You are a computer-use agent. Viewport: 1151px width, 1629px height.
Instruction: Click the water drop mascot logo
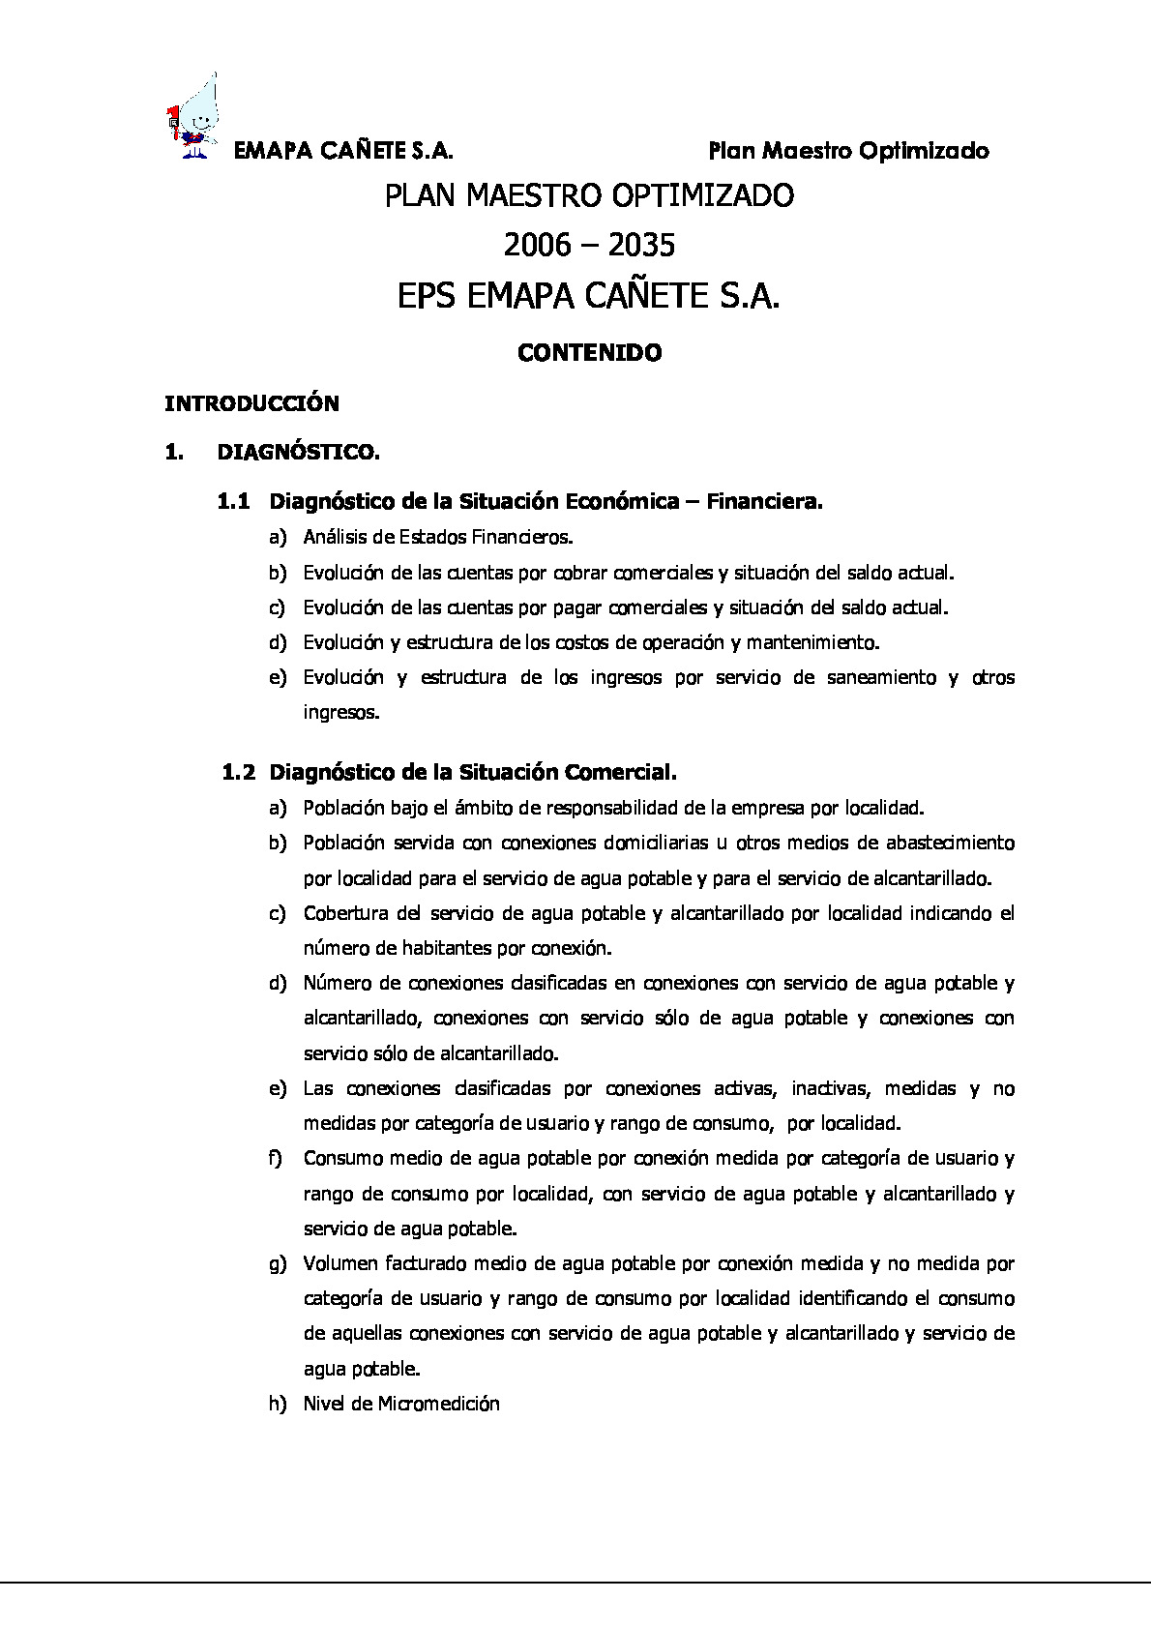click(x=194, y=113)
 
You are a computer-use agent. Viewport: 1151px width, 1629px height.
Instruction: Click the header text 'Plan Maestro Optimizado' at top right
click(x=848, y=151)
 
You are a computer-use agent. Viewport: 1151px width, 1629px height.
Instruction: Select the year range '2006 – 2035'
click(x=588, y=246)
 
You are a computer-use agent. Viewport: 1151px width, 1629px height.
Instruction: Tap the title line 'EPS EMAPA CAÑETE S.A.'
click(x=588, y=296)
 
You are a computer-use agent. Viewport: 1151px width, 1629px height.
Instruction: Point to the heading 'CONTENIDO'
click(x=589, y=353)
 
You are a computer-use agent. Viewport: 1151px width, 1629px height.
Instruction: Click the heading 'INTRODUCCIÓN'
click(x=251, y=403)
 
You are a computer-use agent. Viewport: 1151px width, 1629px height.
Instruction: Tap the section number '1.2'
click(x=239, y=772)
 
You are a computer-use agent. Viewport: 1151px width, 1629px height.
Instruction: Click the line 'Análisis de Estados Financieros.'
click(x=438, y=537)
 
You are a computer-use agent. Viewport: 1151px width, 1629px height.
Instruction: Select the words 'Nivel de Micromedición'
click(x=401, y=1404)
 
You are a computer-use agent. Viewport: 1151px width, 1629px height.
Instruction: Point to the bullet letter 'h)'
click(x=278, y=1404)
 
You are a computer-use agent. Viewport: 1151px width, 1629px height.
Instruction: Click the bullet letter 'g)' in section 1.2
click(x=278, y=1263)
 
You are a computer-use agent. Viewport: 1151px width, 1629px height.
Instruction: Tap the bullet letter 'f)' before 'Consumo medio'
click(x=276, y=1158)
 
